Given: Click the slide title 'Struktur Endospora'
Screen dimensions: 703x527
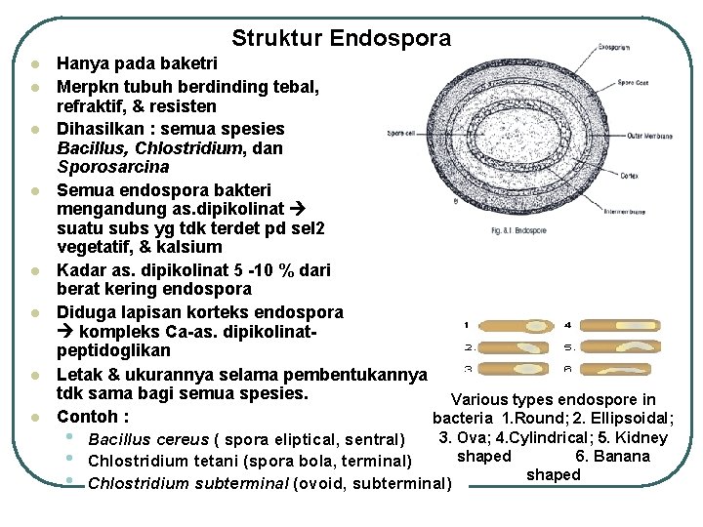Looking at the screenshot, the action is tap(342, 39).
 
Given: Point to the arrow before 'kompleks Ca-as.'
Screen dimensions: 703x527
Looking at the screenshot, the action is tap(66, 331).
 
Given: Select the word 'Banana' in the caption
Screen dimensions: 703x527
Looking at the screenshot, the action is tap(621, 456).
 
